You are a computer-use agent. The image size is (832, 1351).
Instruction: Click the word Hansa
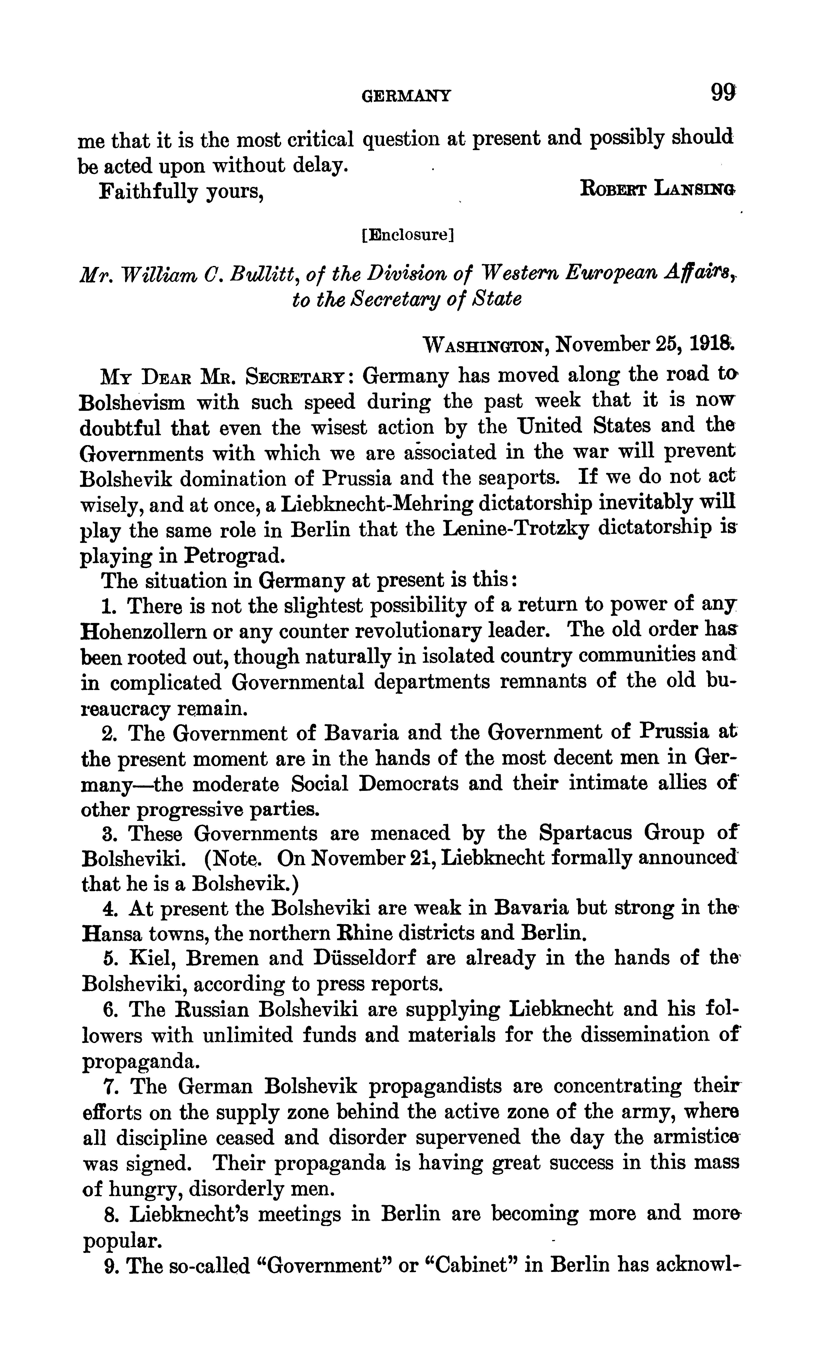click(x=107, y=934)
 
